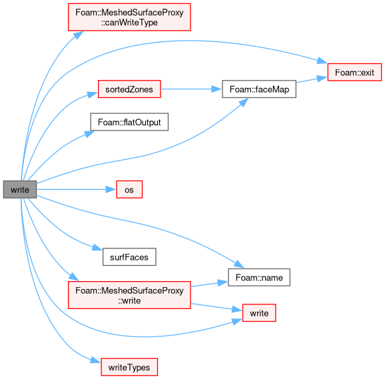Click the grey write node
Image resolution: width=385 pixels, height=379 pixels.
pyautogui.click(x=20, y=189)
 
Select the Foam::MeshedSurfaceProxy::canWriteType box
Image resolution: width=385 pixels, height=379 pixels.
pyautogui.click(x=129, y=17)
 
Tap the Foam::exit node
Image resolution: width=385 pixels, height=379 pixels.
pyautogui.click(x=354, y=72)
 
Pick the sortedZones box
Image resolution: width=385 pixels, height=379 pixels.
pyautogui.click(x=129, y=89)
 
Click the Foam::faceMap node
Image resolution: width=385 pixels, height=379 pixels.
pyautogui.click(x=259, y=89)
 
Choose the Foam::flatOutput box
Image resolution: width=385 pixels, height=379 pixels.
pyautogui.click(x=129, y=122)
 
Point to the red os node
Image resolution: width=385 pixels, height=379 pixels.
pyautogui.click(x=129, y=189)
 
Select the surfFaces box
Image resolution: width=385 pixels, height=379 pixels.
pyautogui.click(x=129, y=257)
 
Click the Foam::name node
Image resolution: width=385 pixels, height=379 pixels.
pyautogui.click(x=259, y=277)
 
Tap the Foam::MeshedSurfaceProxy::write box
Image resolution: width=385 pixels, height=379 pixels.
pyautogui.click(x=129, y=295)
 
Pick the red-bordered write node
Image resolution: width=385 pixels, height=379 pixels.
pyautogui.click(x=259, y=312)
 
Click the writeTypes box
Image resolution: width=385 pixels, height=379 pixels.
pyautogui.click(x=129, y=367)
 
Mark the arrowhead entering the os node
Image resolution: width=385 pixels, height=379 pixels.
pyautogui.click(x=111, y=189)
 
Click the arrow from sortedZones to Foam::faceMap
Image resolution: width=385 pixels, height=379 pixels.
pyautogui.click(x=192, y=89)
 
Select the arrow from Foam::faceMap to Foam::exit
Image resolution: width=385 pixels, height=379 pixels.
pyautogui.click(x=312, y=79)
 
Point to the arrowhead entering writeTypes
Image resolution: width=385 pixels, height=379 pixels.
pyautogui.click(x=96, y=360)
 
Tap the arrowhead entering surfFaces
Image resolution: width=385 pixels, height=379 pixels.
pyautogui.click(x=97, y=248)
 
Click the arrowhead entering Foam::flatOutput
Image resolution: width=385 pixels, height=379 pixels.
pyautogui.click(x=89, y=133)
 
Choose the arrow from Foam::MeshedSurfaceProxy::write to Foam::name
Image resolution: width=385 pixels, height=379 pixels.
pyautogui.click(x=209, y=284)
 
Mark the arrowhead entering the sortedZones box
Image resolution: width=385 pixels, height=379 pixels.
pyautogui.click(x=93, y=95)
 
